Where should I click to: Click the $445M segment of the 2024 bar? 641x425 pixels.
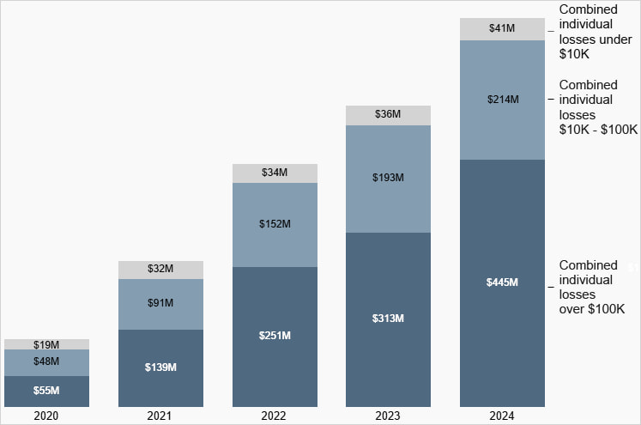point(502,282)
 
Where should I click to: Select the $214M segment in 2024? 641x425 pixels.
point(502,100)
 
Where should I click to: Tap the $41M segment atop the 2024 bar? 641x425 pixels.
point(502,28)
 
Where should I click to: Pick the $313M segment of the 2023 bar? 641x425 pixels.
point(388,319)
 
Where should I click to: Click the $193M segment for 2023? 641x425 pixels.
point(388,178)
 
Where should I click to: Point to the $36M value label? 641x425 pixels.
point(388,113)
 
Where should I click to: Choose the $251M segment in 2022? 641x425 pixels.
point(275,335)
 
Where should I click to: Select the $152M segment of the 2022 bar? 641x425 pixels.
point(275,224)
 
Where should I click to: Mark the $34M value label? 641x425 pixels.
point(275,173)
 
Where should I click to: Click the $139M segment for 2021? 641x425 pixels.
point(160,367)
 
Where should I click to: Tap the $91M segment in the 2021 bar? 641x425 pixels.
point(160,303)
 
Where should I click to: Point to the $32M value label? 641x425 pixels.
point(160,269)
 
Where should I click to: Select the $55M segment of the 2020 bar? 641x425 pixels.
point(46,391)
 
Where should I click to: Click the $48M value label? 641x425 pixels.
point(46,361)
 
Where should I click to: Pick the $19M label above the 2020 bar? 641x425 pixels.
point(46,344)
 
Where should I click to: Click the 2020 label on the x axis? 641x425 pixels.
point(46,416)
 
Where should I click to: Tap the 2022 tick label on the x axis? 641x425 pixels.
point(275,416)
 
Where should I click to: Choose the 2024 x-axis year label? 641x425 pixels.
point(502,416)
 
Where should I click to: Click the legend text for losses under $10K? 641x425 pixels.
point(589,31)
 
